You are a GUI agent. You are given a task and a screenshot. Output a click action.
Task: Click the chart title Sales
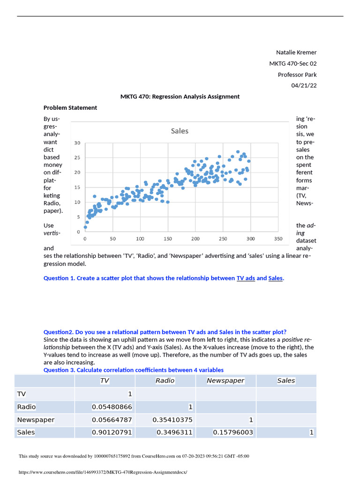(180, 131)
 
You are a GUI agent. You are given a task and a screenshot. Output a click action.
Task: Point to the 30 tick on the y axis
(78, 143)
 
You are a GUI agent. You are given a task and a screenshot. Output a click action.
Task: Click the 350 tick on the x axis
(278, 239)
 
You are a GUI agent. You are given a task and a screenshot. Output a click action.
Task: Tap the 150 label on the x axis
(167, 239)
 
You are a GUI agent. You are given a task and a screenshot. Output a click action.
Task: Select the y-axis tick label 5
(79, 217)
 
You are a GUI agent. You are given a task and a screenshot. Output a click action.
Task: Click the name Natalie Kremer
(296, 52)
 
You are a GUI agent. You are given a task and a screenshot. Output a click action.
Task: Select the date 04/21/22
(304, 85)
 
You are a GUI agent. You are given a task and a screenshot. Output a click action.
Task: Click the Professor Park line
(297, 75)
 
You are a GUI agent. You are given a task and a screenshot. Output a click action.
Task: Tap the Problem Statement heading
(70, 108)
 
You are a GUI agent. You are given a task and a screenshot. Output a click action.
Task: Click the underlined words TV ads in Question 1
(246, 278)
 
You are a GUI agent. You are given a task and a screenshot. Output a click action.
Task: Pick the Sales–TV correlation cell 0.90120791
(112, 432)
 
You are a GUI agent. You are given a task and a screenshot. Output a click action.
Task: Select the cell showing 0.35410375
(172, 420)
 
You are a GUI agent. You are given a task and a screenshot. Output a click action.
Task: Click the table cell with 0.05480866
(112, 407)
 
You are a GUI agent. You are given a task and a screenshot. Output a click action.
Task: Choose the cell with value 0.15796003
(232, 432)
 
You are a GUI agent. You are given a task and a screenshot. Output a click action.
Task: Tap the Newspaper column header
(225, 381)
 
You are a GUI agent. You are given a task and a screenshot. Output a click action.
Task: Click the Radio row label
(26, 407)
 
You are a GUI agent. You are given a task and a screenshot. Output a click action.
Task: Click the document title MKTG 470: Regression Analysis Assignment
(180, 97)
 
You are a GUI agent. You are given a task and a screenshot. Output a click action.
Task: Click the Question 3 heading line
(134, 370)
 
